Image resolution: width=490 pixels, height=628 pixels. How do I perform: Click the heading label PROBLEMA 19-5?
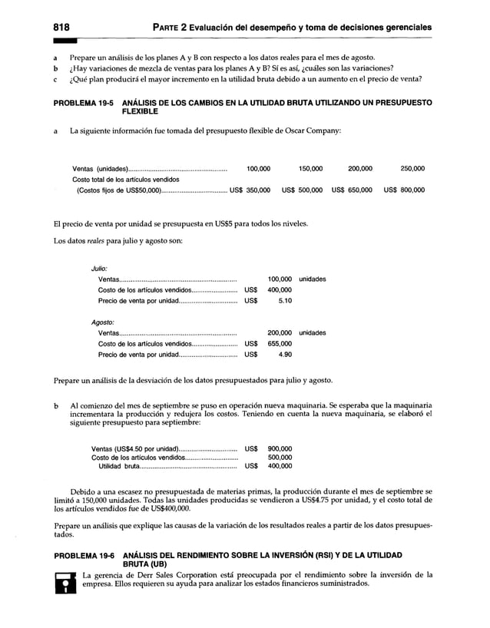click(82, 102)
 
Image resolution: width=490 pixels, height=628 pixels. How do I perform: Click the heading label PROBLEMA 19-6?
click(82, 554)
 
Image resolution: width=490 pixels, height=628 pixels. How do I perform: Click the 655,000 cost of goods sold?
click(279, 344)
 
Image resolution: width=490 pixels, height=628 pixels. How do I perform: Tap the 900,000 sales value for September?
click(279, 448)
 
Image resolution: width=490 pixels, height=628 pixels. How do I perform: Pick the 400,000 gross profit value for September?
click(279, 466)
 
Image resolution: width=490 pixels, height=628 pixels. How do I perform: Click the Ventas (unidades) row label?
click(100, 169)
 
